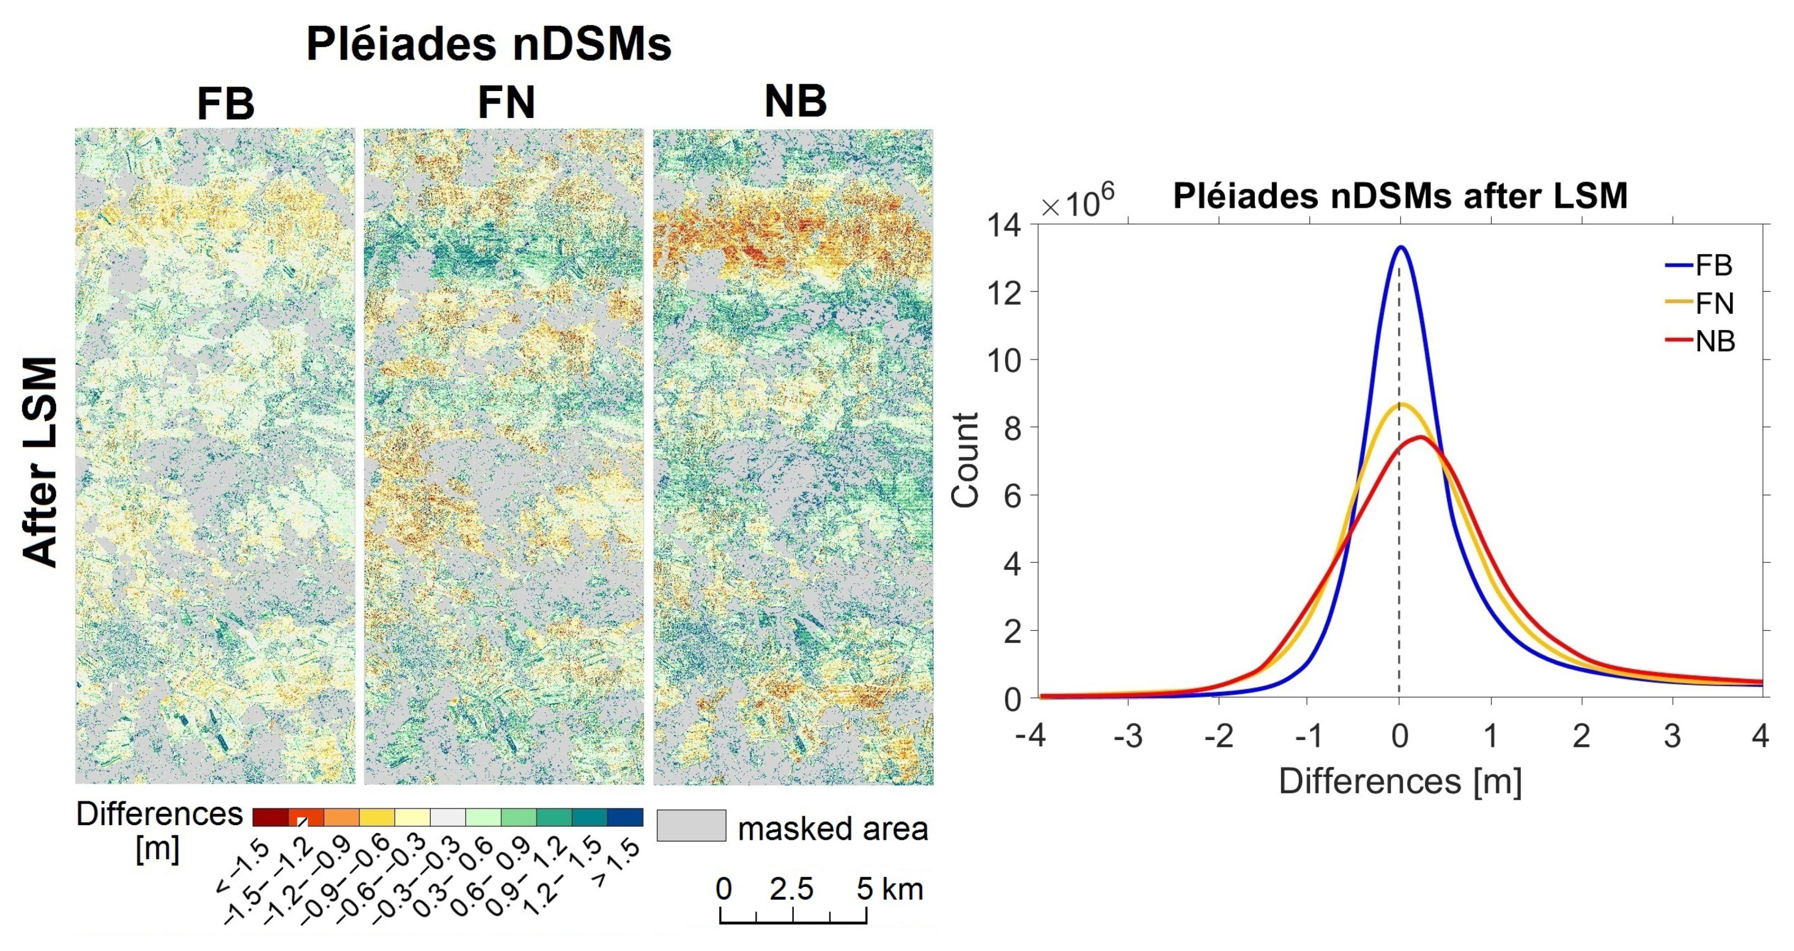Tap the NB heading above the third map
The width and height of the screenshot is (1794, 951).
(x=795, y=102)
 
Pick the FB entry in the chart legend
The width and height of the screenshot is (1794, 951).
(x=1713, y=265)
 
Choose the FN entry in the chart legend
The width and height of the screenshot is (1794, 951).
(x=1713, y=304)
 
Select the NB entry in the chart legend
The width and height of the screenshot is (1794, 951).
(x=1713, y=341)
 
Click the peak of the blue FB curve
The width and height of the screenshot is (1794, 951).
(x=1400, y=247)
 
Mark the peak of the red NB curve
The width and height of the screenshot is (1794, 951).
(x=1419, y=437)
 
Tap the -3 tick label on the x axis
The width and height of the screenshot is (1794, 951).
(x=1128, y=736)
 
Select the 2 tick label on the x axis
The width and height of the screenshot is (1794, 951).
(x=1581, y=736)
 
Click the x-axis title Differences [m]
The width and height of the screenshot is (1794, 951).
(x=1400, y=781)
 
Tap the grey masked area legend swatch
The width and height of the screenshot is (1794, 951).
(x=691, y=826)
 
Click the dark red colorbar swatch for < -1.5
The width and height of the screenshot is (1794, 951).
(x=270, y=818)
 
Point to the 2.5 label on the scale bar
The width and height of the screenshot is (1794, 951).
(x=791, y=889)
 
